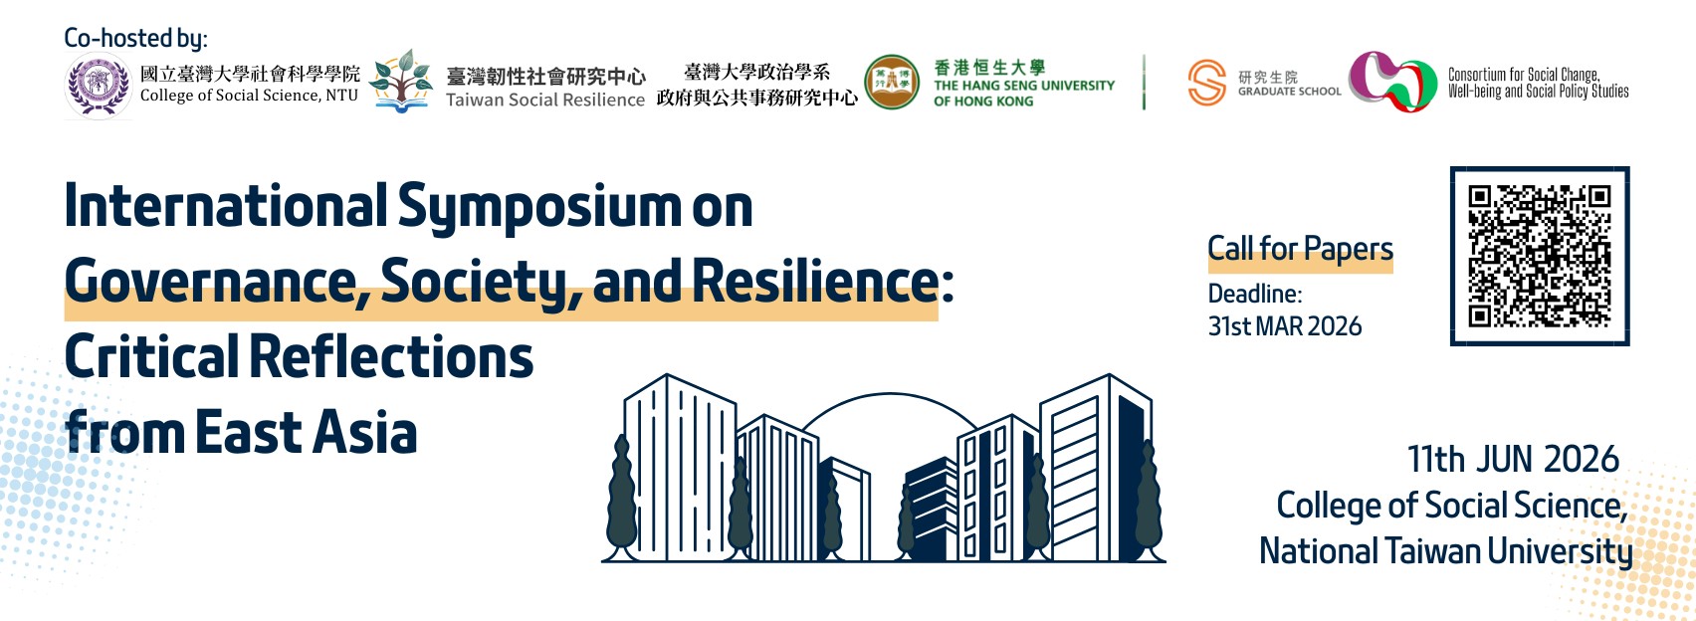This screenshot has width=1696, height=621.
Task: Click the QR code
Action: point(1540,256)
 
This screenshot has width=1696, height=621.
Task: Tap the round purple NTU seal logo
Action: point(99,85)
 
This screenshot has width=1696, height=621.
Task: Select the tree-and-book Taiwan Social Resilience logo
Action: point(402,81)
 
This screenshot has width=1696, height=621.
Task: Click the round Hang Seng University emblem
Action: point(891,83)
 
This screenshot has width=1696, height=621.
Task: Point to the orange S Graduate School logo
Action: point(1207,83)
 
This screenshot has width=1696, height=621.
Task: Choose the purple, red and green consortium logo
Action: point(1392,81)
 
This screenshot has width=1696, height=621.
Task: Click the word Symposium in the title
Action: point(537,207)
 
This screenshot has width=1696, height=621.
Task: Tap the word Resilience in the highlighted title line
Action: point(815,280)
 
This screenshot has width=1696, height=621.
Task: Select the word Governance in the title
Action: point(210,282)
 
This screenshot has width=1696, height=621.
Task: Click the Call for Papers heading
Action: point(1300,249)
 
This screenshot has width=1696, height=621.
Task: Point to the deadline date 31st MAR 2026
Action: point(1285,326)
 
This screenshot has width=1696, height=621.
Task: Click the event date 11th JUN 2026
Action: point(1513,460)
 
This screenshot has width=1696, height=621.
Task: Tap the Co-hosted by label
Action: point(135,38)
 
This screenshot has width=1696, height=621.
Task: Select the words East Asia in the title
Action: point(306,433)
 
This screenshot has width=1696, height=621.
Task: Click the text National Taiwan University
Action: point(1445,552)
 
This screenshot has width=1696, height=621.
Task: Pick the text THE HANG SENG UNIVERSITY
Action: point(1023,86)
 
